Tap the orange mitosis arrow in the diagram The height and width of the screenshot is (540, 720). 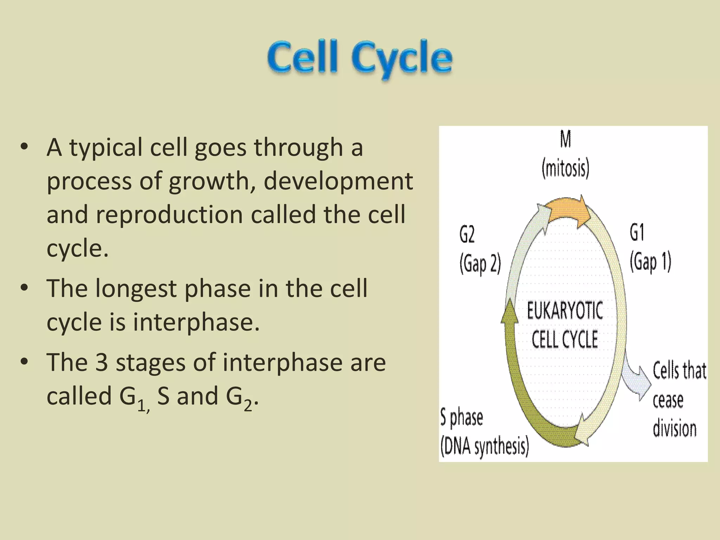click(x=566, y=211)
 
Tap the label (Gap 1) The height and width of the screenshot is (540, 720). click(x=650, y=262)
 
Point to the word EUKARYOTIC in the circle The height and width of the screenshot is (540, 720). click(x=565, y=311)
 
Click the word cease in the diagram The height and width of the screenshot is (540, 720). click(x=668, y=400)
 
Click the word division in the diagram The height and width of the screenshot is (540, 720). click(x=674, y=429)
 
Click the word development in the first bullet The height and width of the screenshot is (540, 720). click(x=338, y=181)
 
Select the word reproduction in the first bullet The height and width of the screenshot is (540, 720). click(x=169, y=214)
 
